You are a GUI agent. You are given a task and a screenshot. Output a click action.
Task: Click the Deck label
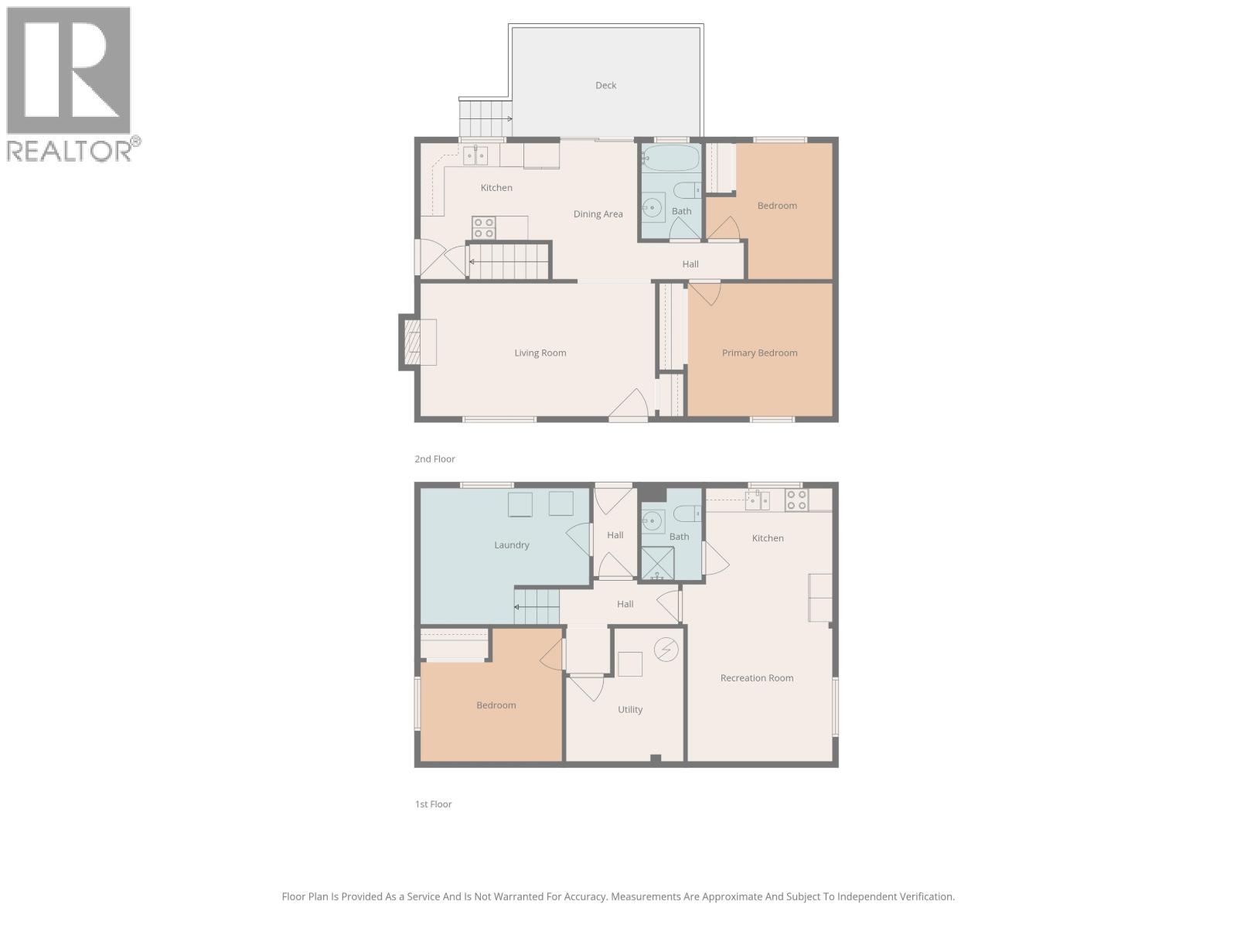point(605,86)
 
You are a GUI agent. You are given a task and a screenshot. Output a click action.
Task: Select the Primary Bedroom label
point(759,353)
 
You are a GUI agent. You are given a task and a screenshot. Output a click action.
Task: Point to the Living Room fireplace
point(418,343)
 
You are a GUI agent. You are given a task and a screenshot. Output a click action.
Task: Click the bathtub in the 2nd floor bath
point(670,159)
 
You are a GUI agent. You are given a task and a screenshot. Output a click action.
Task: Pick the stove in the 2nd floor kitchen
point(484,228)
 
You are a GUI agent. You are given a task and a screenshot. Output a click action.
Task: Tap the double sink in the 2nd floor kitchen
point(475,155)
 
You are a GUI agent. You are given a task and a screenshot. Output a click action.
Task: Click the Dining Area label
point(598,214)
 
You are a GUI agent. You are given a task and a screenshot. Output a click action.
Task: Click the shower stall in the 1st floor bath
point(657,563)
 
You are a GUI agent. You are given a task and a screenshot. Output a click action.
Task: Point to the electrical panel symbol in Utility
point(666,650)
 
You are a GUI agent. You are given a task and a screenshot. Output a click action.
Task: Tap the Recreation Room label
point(756,678)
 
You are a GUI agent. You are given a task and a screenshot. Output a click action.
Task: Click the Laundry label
point(511,545)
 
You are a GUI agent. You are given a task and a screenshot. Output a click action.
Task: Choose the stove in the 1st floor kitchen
point(796,500)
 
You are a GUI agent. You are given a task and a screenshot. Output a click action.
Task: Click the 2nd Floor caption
point(434,459)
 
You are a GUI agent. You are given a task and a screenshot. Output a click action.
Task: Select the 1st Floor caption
point(433,804)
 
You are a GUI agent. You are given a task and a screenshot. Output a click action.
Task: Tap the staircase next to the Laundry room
point(537,606)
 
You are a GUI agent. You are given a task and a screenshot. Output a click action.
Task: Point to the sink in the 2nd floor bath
point(653,207)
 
